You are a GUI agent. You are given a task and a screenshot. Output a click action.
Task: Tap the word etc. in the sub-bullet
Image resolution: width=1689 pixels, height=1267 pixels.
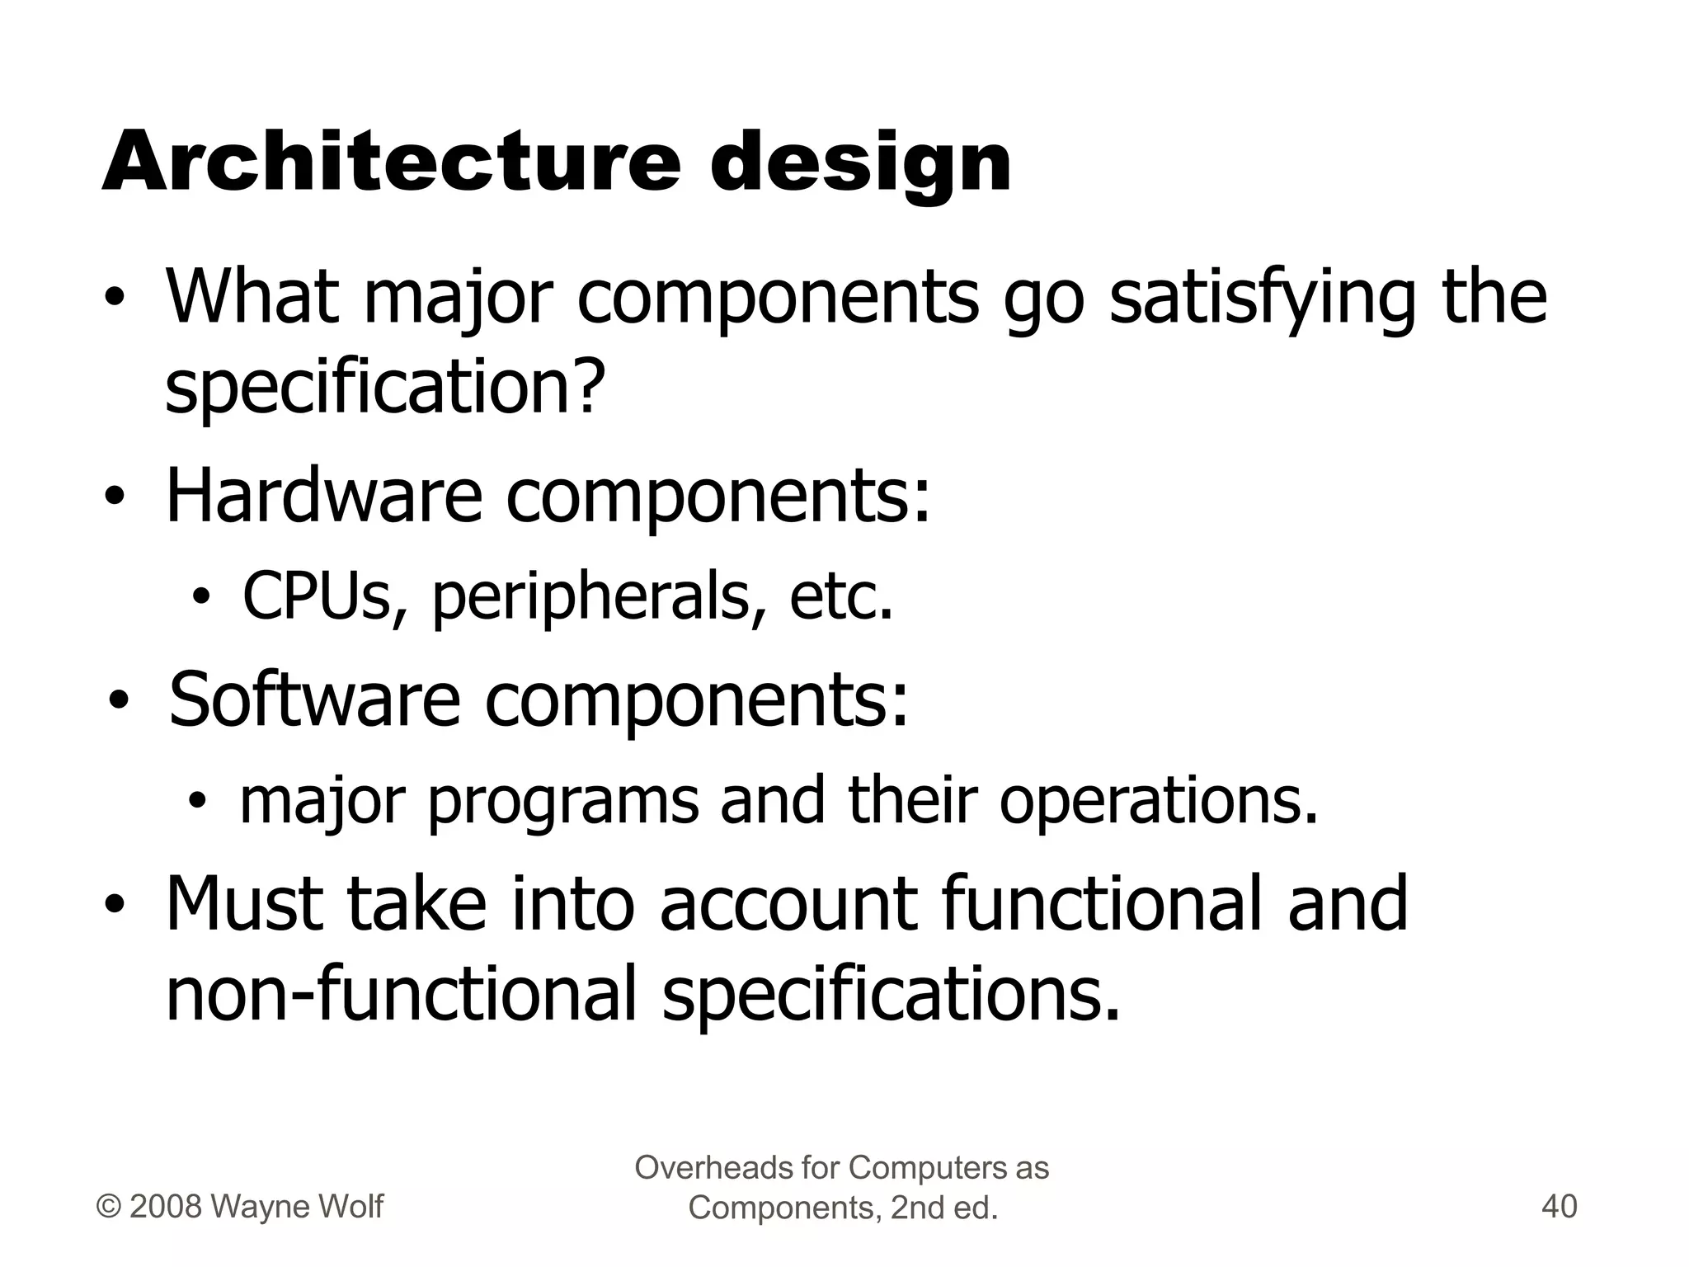(x=840, y=596)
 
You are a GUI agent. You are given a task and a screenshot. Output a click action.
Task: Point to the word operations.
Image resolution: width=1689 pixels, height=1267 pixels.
(x=1159, y=800)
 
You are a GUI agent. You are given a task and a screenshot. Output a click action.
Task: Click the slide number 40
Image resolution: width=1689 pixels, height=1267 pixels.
(x=1559, y=1207)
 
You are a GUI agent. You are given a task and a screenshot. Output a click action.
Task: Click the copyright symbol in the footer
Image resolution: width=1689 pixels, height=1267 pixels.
(x=109, y=1207)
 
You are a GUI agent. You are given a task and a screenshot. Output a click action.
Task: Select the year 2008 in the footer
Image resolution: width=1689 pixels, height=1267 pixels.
(x=166, y=1207)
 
